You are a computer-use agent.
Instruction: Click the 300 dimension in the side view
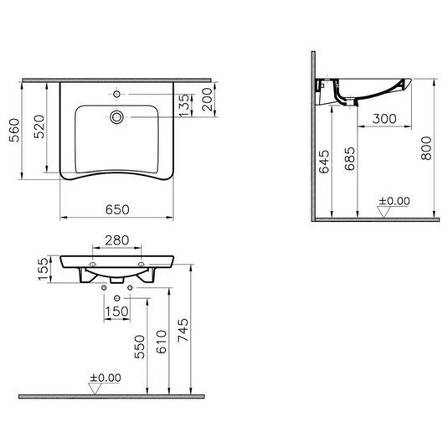[x=384, y=119]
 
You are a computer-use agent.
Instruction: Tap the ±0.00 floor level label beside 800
[x=394, y=201]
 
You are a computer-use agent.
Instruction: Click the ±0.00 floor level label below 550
[x=105, y=378]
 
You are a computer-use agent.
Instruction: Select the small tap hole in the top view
[x=116, y=94]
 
